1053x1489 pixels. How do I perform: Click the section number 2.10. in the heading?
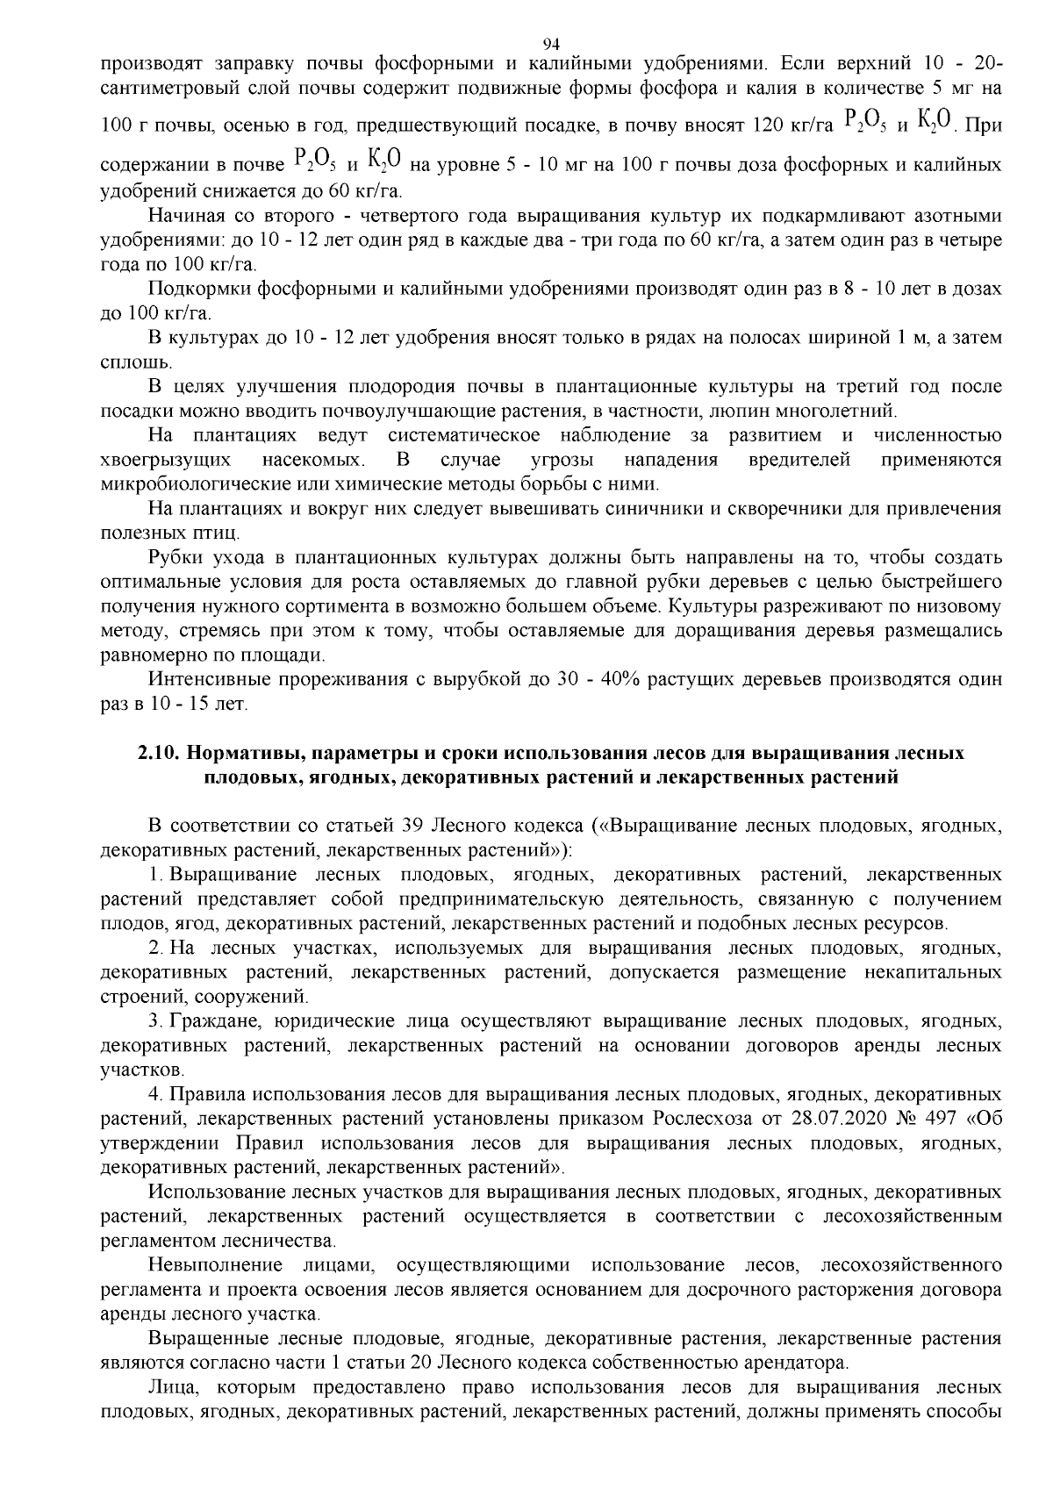click(160, 754)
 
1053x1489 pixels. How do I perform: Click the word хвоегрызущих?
click(167, 460)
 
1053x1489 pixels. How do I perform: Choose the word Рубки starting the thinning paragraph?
click(174, 557)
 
